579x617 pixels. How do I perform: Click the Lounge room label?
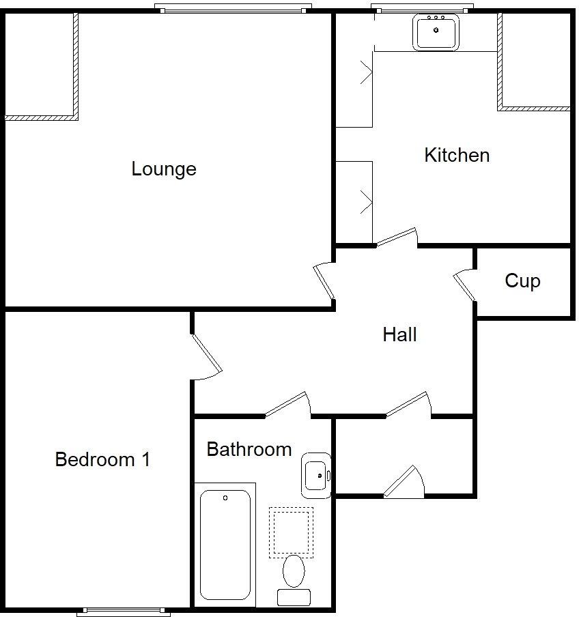click(x=164, y=169)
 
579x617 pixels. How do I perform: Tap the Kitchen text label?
click(x=457, y=155)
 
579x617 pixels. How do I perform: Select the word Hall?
click(x=399, y=334)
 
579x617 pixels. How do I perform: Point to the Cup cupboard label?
click(x=522, y=281)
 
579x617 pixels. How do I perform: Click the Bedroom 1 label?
click(x=102, y=459)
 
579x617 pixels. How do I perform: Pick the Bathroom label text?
click(x=249, y=449)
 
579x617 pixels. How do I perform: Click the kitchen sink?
click(x=436, y=32)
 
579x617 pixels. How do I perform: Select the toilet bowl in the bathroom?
click(x=294, y=570)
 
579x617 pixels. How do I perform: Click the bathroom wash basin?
click(x=316, y=474)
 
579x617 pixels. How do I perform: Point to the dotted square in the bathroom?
click(x=291, y=530)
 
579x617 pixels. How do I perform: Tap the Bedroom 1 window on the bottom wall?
click(x=124, y=612)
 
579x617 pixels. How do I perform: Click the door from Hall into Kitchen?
click(x=396, y=236)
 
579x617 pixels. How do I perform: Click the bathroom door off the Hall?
click(x=287, y=403)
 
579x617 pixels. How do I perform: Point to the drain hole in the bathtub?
click(x=225, y=499)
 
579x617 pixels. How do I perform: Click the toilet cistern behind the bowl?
click(x=294, y=597)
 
